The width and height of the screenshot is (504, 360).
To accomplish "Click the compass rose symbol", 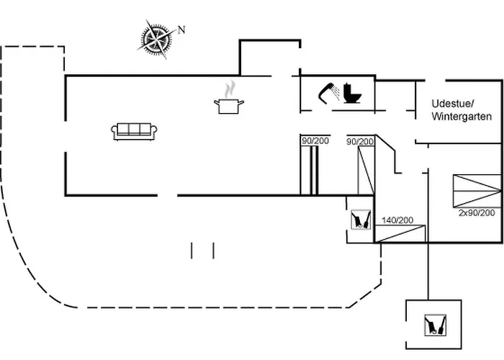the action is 156,40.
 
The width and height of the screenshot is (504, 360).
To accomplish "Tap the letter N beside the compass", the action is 181,30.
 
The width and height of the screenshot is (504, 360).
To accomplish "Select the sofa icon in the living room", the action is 134,131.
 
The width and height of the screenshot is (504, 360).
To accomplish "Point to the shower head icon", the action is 329,93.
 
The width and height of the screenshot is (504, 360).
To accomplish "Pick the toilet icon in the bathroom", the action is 352,93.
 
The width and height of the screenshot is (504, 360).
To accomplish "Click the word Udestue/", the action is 453,104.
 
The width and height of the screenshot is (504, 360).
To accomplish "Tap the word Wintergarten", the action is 462,117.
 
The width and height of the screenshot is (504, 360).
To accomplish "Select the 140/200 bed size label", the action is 397,220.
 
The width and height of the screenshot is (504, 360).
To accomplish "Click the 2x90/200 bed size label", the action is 477,212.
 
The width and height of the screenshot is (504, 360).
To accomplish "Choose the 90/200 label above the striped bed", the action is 315,140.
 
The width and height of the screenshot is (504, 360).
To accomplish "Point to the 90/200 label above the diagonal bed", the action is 360,141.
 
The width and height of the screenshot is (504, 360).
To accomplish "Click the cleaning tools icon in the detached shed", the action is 435,325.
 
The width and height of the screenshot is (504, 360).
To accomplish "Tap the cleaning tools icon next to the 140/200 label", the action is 361,220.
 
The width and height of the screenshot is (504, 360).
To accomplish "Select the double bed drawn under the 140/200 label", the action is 400,234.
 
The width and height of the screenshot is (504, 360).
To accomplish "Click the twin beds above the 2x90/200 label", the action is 477,191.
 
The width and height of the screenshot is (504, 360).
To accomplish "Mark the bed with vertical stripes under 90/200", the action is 310,170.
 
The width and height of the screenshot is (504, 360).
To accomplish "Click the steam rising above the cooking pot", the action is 230,89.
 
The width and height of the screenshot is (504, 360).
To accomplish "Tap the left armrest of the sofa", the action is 114,132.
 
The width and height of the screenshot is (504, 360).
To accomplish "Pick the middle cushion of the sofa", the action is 134,129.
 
